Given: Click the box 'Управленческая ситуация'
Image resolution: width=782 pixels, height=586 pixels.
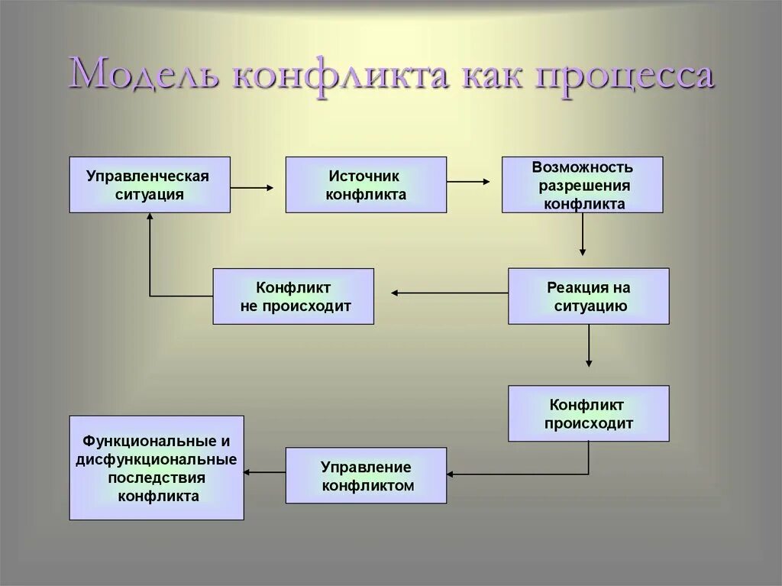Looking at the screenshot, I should tap(149, 185).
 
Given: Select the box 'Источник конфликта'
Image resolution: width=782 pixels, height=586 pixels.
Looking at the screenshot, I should tap(366, 185).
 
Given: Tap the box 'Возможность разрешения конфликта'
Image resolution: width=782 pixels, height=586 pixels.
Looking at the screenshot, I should tap(582, 185).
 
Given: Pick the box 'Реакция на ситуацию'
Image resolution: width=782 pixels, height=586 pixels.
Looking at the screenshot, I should tap(589, 296).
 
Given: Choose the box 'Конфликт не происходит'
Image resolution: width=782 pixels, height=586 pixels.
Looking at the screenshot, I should tap(293, 296).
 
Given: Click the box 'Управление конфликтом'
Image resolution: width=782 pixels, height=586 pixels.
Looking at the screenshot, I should tap(366, 475).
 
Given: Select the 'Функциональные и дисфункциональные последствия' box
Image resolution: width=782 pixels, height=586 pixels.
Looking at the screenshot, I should tap(157, 468).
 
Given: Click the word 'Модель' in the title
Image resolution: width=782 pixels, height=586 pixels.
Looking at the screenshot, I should tap(144, 76).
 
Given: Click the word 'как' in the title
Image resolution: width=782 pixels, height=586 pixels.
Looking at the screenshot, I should tap(487, 76).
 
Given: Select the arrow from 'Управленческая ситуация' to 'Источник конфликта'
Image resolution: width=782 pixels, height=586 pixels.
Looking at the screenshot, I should tap(252, 187).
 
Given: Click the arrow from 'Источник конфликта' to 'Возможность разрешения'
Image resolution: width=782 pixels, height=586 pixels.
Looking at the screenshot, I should tap(469, 182).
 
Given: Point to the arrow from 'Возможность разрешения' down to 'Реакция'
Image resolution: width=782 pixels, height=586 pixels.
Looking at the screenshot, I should tap(583, 234).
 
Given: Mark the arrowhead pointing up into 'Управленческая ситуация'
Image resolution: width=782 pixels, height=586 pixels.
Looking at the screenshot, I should tap(150, 219).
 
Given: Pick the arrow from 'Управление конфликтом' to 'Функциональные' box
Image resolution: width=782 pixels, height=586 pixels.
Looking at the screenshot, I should tap(265, 472).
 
